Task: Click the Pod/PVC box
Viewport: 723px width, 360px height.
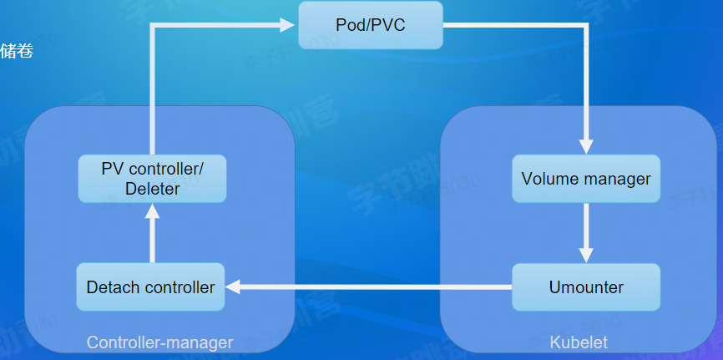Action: [370, 25]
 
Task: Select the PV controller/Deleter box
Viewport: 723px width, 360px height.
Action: [152, 179]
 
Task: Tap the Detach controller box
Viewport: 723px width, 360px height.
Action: [150, 287]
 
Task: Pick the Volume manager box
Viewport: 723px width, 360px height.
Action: [585, 179]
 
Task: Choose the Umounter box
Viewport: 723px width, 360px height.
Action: [585, 287]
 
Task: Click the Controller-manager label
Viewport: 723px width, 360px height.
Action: [159, 342]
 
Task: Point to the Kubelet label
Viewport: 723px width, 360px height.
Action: [579, 342]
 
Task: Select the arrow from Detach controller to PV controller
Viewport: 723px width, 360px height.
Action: [152, 234]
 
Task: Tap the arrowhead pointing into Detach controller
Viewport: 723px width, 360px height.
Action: [234, 287]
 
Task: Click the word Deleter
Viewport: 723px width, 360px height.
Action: [152, 189]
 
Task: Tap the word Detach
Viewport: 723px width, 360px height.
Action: [112, 287]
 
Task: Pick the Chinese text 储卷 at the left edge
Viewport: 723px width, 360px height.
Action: [17, 52]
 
